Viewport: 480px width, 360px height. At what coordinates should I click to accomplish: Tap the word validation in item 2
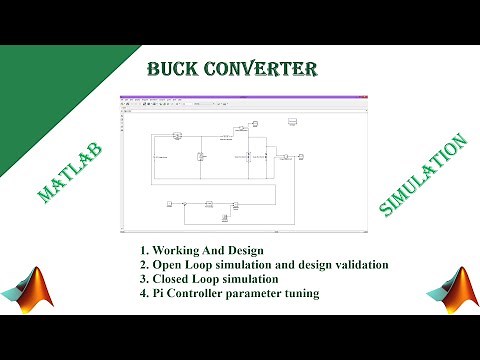pyautogui.click(x=353, y=265)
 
